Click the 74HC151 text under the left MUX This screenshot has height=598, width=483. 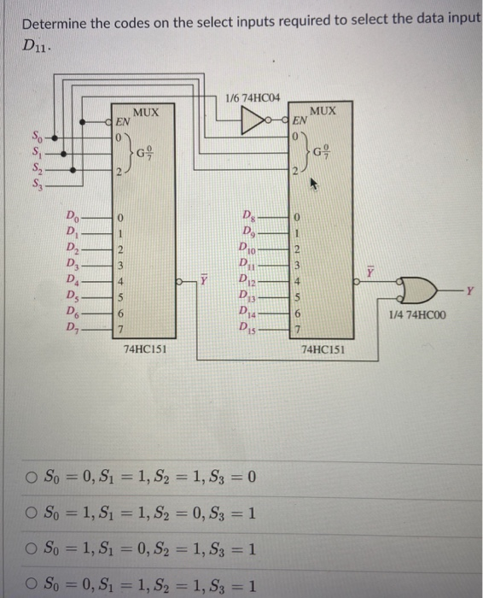(x=143, y=349)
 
